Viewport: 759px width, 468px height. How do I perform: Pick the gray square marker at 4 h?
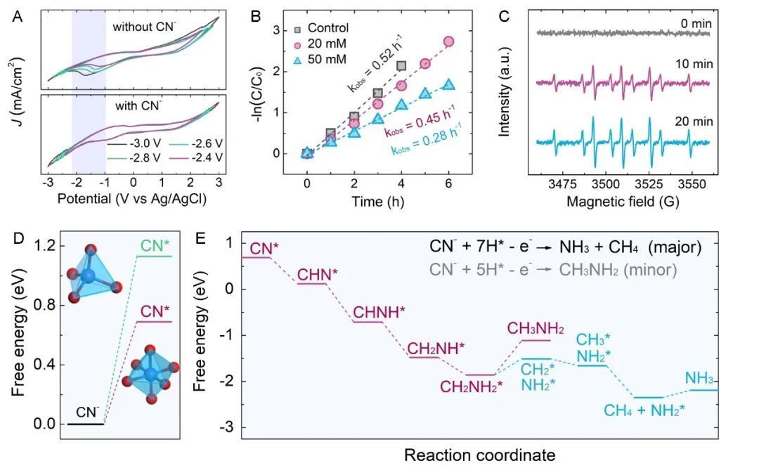pos(401,66)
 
